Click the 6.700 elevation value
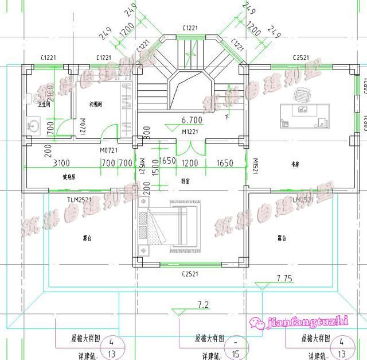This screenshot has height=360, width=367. pos(192,121)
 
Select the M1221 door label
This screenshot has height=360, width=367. pos(190,132)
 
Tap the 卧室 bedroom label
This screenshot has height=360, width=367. pos(185,180)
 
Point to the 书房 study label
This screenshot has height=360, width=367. pos(296,164)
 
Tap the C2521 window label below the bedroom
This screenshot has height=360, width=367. pos(190,274)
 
